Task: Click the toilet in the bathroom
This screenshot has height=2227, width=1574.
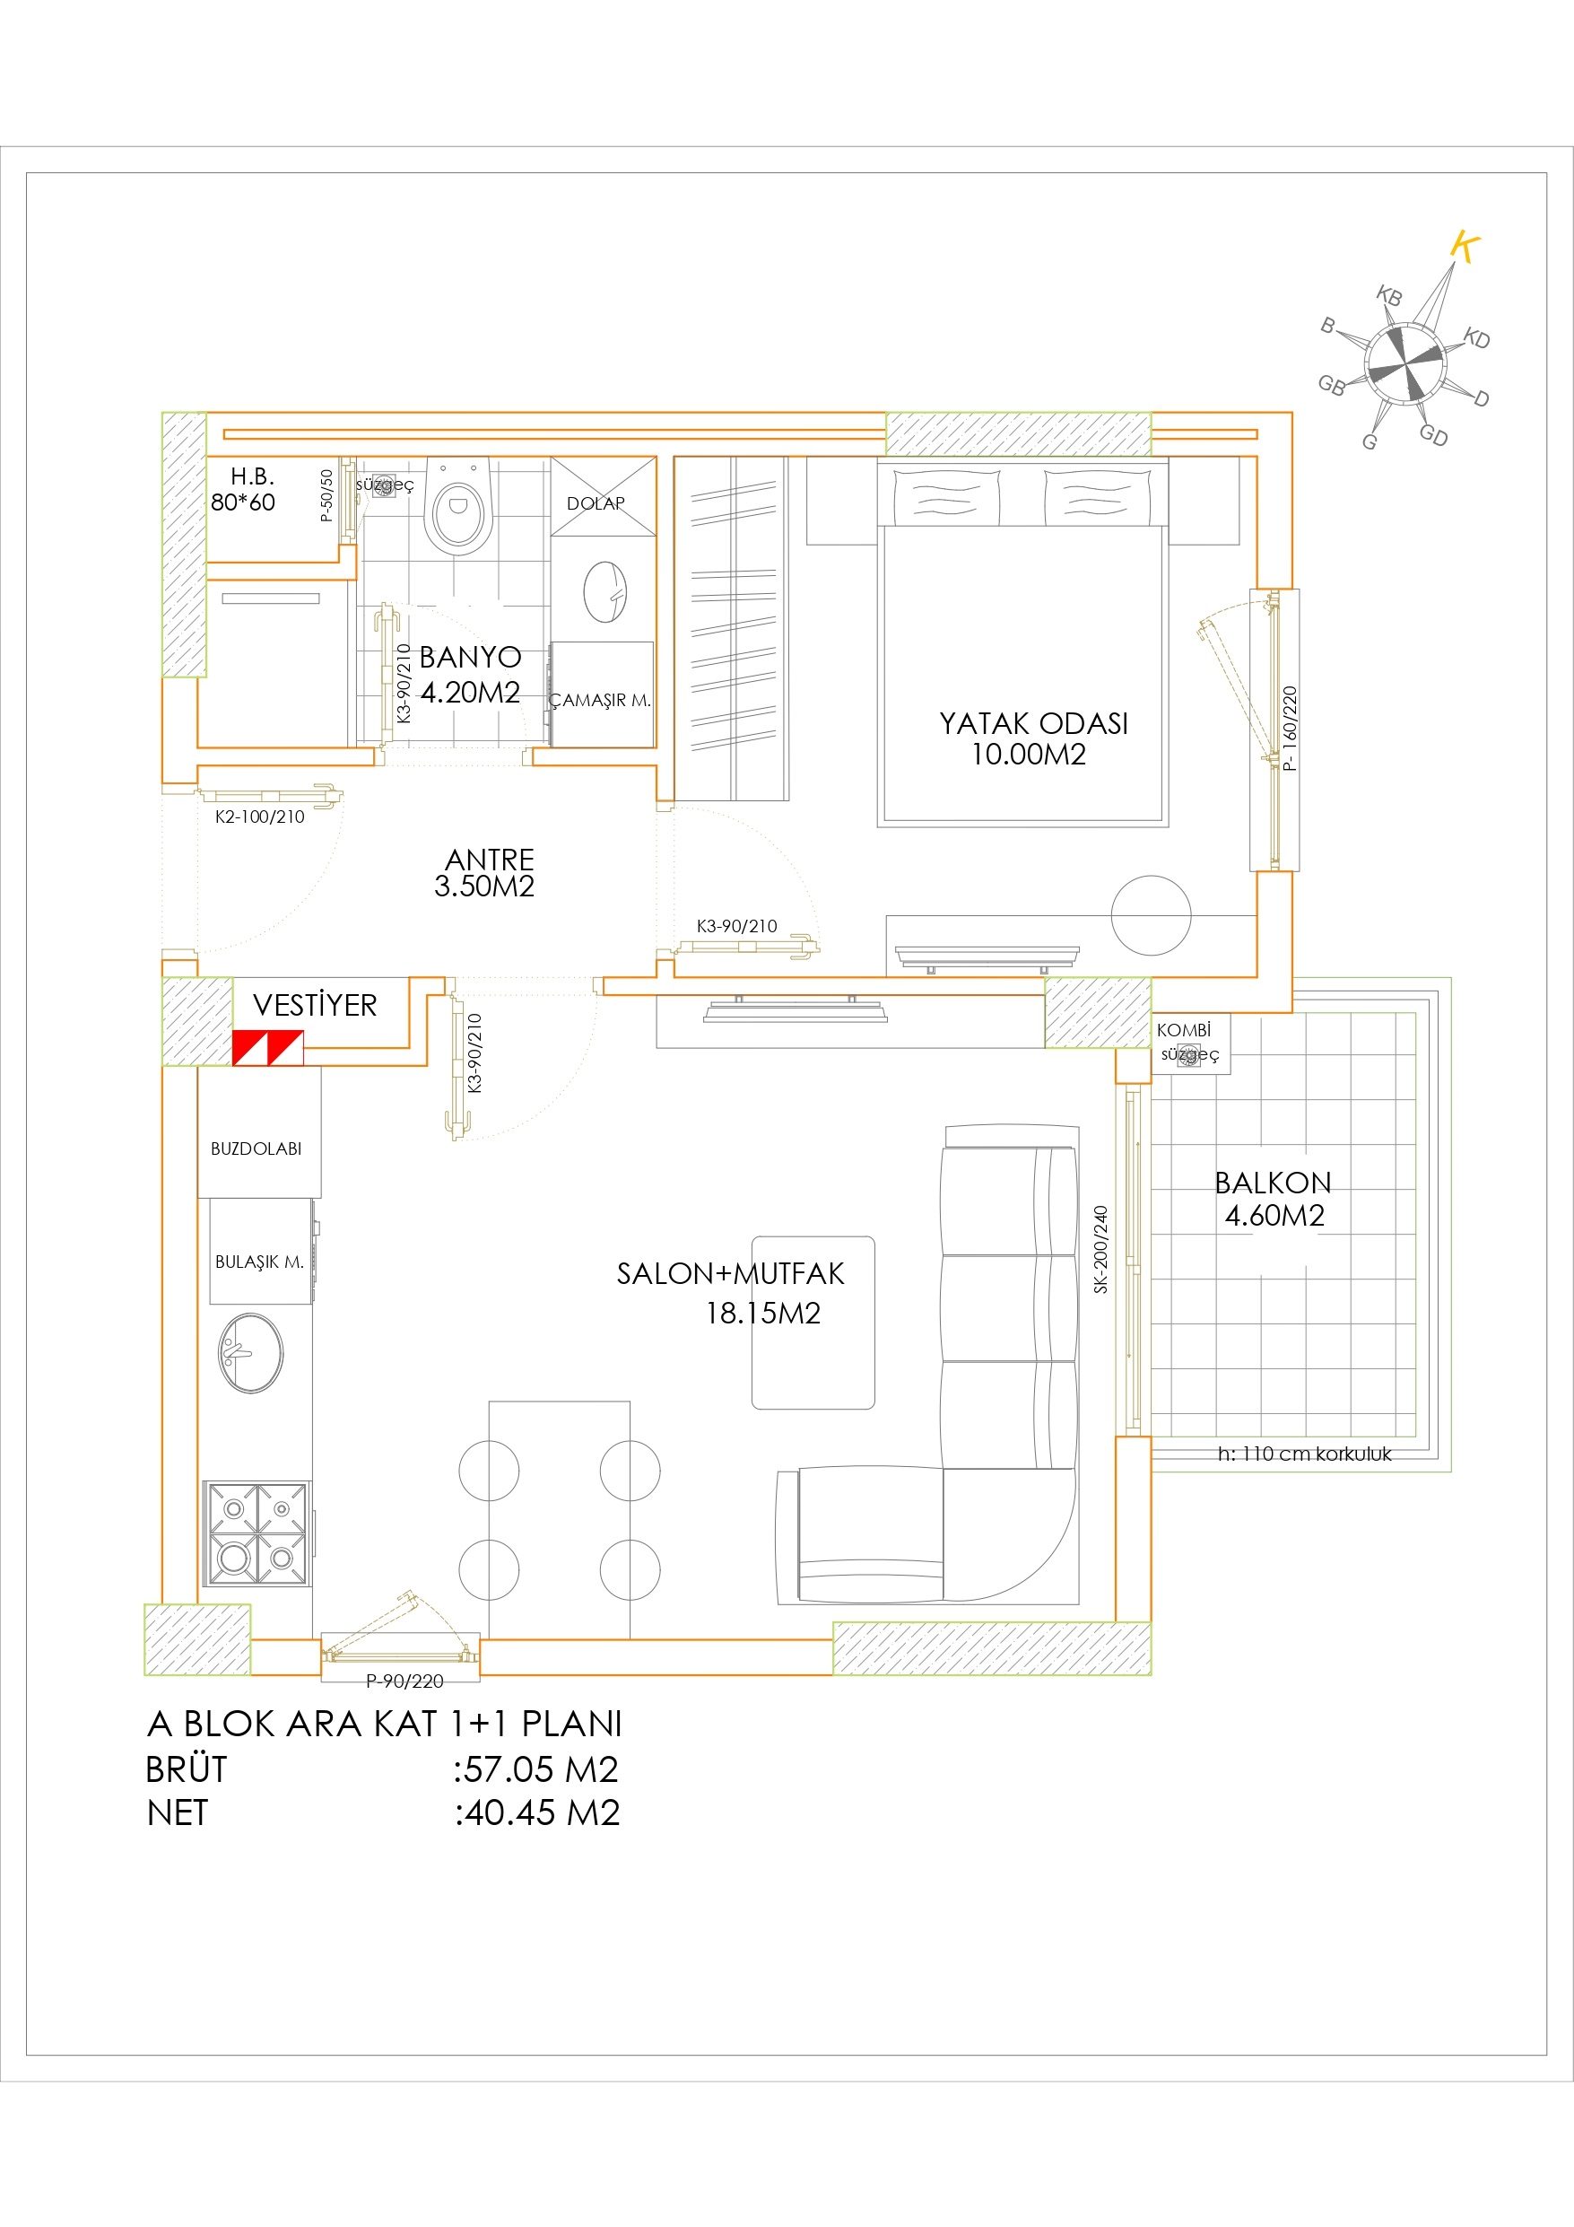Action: pyautogui.click(x=458, y=505)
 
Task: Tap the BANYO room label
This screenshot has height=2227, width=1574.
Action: pyautogui.click(x=470, y=658)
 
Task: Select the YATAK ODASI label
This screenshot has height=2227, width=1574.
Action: pyautogui.click(x=1033, y=723)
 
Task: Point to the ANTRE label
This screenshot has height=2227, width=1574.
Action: pyautogui.click(x=490, y=860)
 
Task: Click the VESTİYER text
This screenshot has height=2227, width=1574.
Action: pyautogui.click(x=315, y=1005)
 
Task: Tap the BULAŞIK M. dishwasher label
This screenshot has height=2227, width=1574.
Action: pyautogui.click(x=259, y=1262)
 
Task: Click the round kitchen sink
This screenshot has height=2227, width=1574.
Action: pyautogui.click(x=250, y=1353)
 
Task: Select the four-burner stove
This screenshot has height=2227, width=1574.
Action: pyautogui.click(x=257, y=1533)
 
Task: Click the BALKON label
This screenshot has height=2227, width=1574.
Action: pyautogui.click(x=1273, y=1183)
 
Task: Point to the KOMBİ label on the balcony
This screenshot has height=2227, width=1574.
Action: pyautogui.click(x=1183, y=1030)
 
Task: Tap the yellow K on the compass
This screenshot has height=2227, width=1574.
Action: pyautogui.click(x=1465, y=248)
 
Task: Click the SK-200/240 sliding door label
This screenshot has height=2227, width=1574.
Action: pyautogui.click(x=1100, y=1249)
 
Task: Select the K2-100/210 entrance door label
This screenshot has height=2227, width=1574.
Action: pyautogui.click(x=260, y=817)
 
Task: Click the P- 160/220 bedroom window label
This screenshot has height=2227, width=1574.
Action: pyautogui.click(x=1289, y=729)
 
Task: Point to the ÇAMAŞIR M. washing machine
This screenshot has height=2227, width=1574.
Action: pyautogui.click(x=601, y=694)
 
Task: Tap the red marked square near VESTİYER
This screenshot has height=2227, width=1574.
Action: pyautogui.click(x=267, y=1049)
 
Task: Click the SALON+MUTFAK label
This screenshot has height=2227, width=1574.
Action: pyautogui.click(x=730, y=1273)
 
